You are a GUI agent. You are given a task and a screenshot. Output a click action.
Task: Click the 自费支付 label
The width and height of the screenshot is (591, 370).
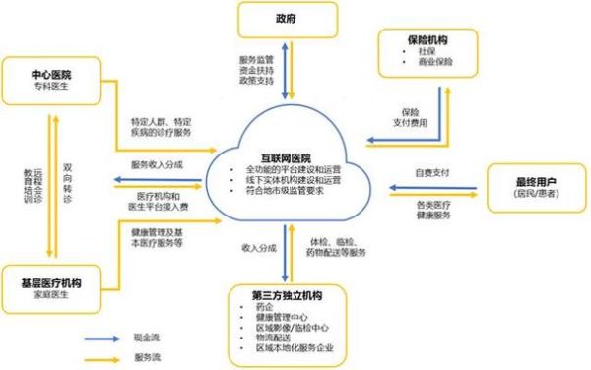pos(430,173)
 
